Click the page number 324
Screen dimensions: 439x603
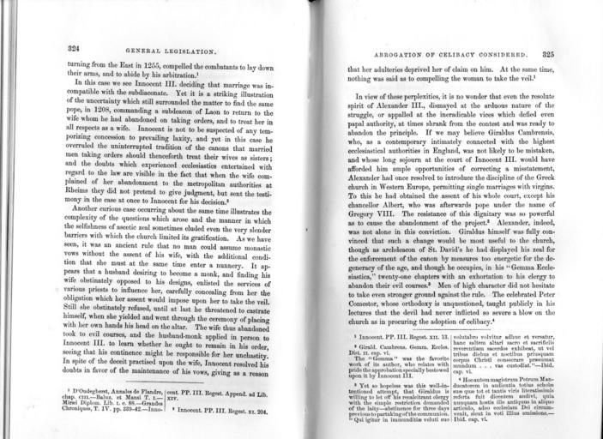75,50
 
